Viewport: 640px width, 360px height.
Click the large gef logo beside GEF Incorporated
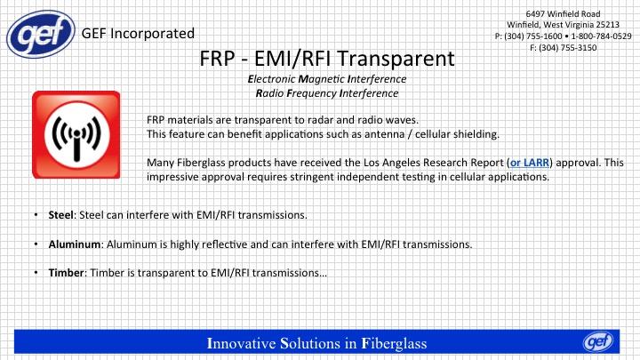(41, 34)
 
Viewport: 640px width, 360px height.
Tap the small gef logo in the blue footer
(598, 341)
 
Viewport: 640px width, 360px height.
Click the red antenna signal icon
(76, 135)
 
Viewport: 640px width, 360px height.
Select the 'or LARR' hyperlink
(530, 163)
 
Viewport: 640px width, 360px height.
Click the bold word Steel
(60, 215)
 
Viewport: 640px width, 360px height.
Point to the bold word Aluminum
(75, 244)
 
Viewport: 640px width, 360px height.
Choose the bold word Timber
(66, 273)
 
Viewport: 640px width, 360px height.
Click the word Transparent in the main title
(395, 60)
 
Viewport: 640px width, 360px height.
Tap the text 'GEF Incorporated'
(138, 34)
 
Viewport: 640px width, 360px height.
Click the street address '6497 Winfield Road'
(563, 13)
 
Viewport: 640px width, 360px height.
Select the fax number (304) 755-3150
(567, 48)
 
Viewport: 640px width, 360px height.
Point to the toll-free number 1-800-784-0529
(601, 36)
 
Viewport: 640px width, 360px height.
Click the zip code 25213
(608, 25)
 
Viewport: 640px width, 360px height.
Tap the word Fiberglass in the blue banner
(395, 343)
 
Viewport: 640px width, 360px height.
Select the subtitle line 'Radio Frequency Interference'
(327, 93)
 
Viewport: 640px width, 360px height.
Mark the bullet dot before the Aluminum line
(36, 244)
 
